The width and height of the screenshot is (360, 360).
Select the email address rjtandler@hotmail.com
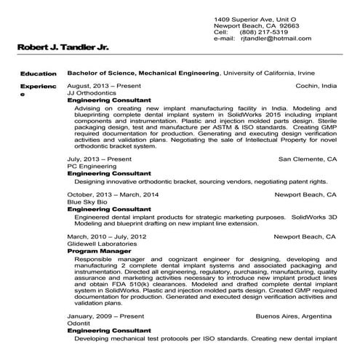[273, 40]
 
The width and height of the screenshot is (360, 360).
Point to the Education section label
[39, 73]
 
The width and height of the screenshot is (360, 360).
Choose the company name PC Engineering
[87, 166]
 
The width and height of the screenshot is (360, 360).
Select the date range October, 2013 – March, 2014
[113, 195]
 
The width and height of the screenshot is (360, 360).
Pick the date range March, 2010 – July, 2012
[107, 237]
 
